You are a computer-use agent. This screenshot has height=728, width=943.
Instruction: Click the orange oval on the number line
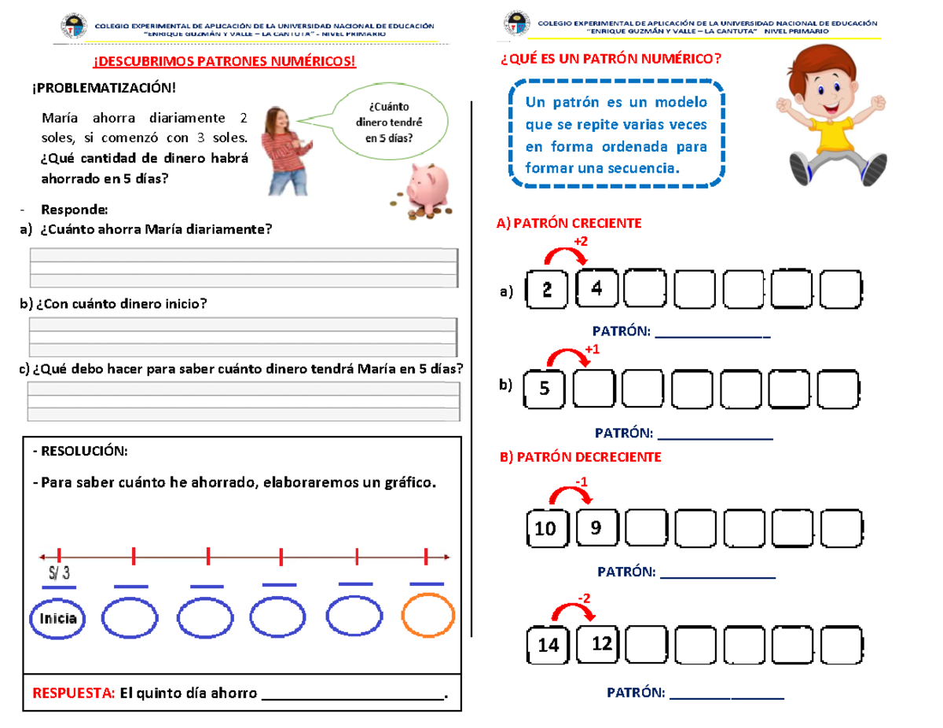coord(428,616)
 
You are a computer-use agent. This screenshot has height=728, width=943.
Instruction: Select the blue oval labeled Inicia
coord(56,617)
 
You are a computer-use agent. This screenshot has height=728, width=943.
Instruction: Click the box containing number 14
coord(549,645)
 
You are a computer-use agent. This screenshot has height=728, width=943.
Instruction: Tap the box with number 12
coord(600,643)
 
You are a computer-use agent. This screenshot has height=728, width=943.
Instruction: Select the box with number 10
coord(546,529)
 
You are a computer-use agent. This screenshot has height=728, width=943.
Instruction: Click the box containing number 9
coord(597,529)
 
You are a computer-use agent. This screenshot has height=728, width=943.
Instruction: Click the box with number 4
coord(598,288)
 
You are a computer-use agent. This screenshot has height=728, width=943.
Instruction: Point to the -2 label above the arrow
coord(585,599)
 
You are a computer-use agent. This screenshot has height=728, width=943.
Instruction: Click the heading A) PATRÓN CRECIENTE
coord(568,224)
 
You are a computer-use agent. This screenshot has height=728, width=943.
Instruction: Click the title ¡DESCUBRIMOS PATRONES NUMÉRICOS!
coord(225,61)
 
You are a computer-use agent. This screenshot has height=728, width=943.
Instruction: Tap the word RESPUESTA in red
coord(73,693)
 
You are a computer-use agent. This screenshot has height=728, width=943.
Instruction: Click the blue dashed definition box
coord(616,135)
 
